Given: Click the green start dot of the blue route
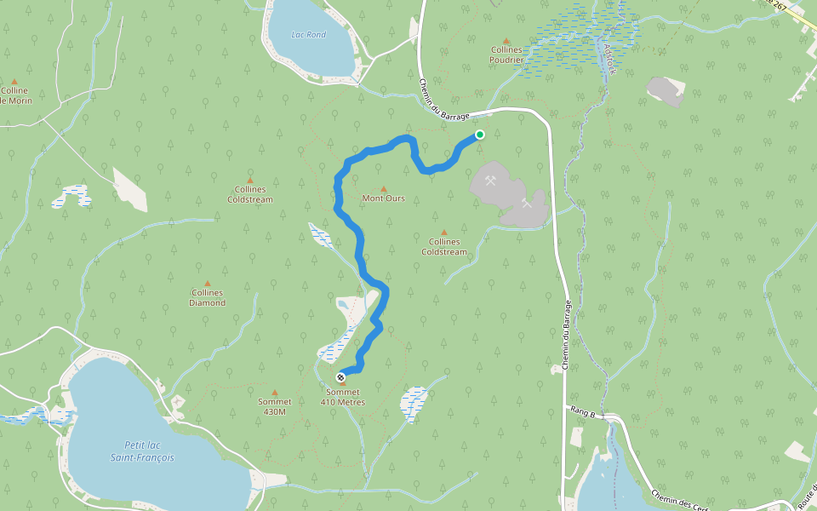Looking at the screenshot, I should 480,135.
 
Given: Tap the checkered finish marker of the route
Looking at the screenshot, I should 340,376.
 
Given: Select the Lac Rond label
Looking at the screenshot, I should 308,35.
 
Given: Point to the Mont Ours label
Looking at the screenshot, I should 383,198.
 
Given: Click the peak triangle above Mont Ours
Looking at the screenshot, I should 383,189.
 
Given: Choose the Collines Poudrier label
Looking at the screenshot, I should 506,55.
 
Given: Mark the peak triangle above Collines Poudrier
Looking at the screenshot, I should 506,40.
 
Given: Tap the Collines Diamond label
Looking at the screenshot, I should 208,297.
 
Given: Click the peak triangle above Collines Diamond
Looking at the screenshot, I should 208,283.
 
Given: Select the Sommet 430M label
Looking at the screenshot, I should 274,406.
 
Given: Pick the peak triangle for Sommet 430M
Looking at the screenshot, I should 274,393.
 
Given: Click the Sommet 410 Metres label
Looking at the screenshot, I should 342,397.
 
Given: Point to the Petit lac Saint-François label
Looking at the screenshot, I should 142,451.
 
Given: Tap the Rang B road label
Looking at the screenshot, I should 582,411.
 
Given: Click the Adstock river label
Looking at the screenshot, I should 608,57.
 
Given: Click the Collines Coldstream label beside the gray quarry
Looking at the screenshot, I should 444,247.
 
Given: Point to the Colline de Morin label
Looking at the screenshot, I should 14,95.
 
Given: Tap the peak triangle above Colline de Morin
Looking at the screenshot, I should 14,81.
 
